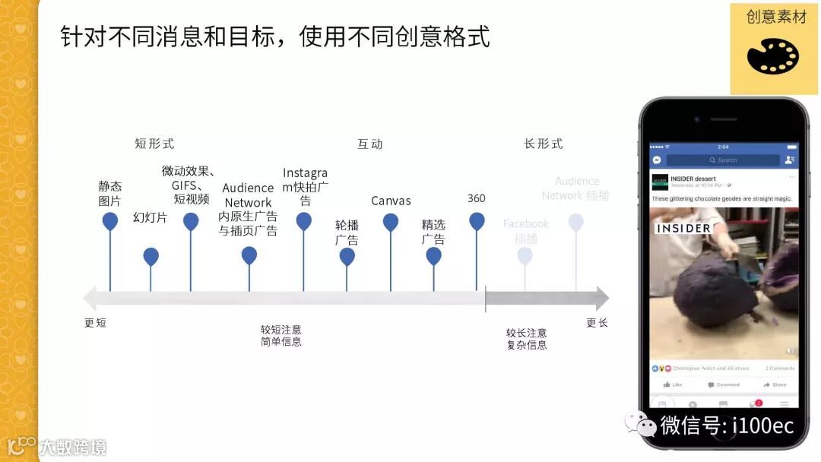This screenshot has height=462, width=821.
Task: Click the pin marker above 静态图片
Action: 110,221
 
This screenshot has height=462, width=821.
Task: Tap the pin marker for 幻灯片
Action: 151,256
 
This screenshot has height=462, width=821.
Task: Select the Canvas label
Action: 391,201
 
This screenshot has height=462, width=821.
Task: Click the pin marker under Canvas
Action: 391,222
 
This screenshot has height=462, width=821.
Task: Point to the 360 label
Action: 477,198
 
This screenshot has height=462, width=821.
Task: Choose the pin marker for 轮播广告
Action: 347,256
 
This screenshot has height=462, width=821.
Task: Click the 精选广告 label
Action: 433,232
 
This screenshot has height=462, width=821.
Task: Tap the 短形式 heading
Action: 154,144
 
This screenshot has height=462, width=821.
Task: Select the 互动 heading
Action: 370,144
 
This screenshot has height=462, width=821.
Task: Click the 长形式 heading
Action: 544,144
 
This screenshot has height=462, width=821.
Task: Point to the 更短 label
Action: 95,323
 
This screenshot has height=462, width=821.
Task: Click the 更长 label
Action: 597,323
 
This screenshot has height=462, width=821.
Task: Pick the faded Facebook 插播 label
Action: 525,231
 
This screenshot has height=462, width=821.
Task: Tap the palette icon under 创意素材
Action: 772,56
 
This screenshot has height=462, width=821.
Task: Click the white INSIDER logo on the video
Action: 683,228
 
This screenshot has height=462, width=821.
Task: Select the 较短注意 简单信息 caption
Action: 281,336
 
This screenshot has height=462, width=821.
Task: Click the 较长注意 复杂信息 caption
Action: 527,339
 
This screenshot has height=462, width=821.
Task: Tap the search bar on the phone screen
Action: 722,160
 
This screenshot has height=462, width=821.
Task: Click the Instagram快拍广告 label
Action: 305,186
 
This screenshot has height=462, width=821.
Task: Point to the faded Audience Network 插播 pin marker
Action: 575,222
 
